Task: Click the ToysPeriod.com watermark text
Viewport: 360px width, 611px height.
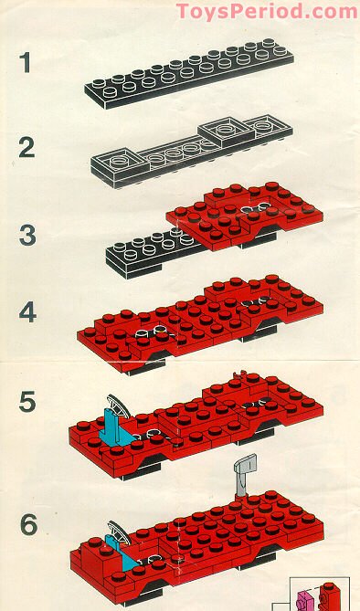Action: [x=266, y=11]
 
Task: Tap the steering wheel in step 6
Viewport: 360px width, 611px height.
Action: [x=117, y=531]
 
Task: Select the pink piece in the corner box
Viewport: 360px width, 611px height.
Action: [x=306, y=600]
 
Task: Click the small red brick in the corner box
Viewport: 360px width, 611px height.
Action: [x=328, y=595]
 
